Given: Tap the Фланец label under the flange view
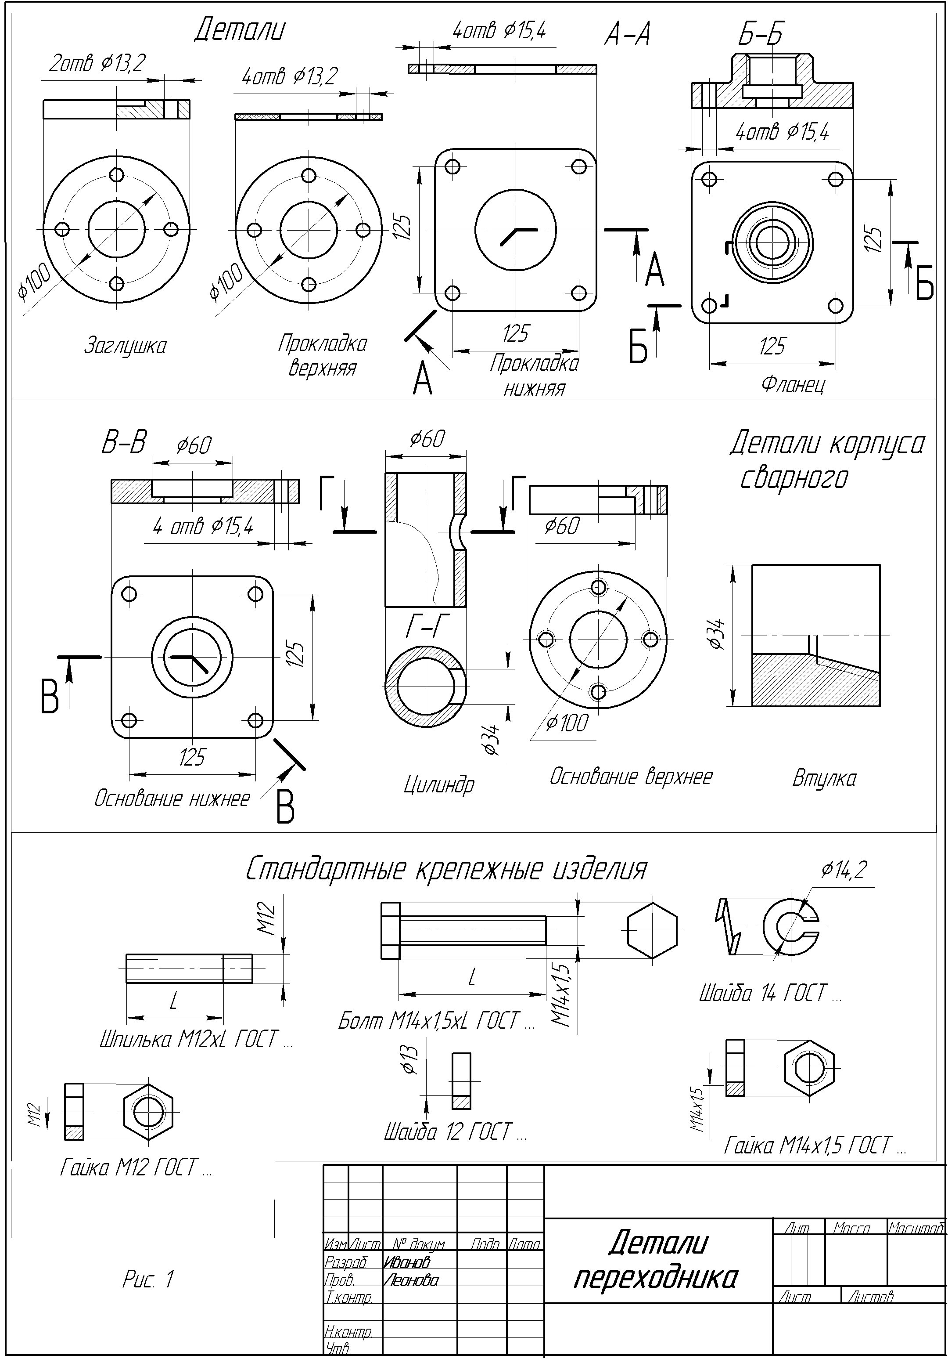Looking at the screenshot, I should [793, 385].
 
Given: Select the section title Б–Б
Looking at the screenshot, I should [760, 36].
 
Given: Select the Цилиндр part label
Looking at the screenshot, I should [439, 785].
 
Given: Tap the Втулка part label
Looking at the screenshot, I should [824, 778].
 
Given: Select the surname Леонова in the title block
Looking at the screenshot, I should [411, 1280].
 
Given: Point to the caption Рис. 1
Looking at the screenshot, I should [148, 1279].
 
